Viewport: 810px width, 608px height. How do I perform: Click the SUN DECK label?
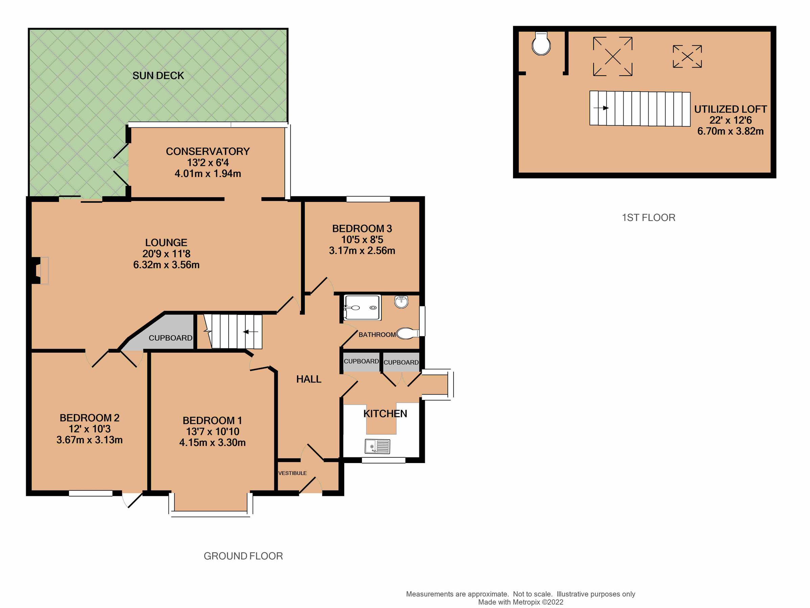[x=158, y=76]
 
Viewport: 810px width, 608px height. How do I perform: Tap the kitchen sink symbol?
[x=377, y=446]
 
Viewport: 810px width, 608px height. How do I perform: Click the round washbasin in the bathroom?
[x=401, y=302]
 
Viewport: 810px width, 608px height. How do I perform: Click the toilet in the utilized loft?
[x=541, y=44]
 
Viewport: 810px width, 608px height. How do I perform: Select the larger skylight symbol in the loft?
[x=612, y=56]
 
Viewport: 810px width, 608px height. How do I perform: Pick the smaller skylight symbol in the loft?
[x=687, y=56]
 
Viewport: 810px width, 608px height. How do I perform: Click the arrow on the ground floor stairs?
[x=251, y=332]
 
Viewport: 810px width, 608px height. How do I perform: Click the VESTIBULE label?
[x=292, y=473]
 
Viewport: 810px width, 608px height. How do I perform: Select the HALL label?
[x=309, y=379]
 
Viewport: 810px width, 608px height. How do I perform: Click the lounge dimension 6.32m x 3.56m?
[x=166, y=265]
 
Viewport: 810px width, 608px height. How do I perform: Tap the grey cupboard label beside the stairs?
[x=170, y=338]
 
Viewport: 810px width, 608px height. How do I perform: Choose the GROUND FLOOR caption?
[x=243, y=556]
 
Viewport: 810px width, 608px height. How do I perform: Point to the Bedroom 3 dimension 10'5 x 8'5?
[x=362, y=239]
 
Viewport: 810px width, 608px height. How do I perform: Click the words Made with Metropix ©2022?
[x=520, y=602]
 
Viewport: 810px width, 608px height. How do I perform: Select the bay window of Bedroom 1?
[x=211, y=510]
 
